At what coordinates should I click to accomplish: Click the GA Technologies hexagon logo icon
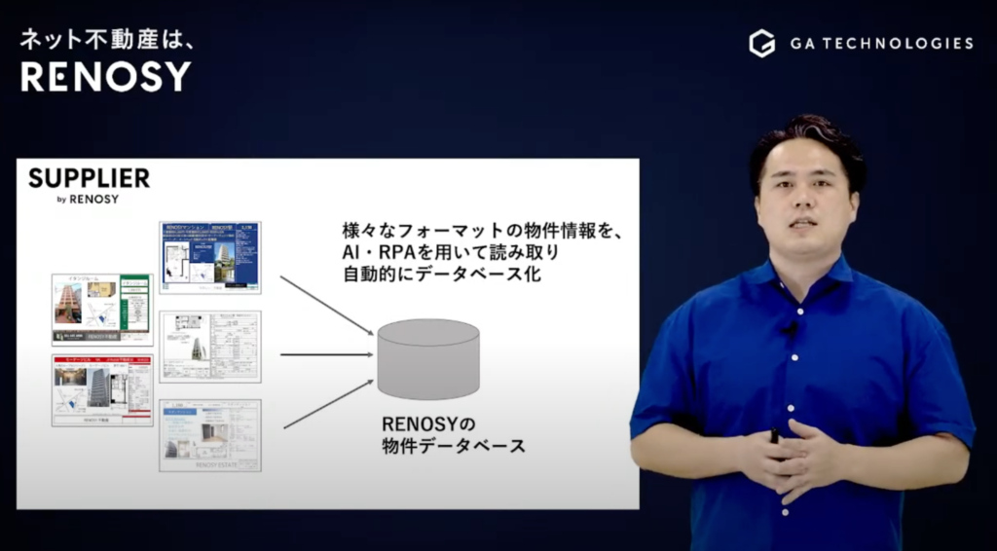[x=761, y=44]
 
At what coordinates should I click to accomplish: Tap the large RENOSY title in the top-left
[x=106, y=76]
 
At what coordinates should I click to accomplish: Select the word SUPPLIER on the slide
[x=89, y=178]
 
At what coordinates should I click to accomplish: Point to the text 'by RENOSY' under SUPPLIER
[x=88, y=200]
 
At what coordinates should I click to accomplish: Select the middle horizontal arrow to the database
[x=326, y=354]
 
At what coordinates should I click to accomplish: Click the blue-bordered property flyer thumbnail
[x=210, y=257]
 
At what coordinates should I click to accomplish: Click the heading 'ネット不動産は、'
[x=95, y=40]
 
